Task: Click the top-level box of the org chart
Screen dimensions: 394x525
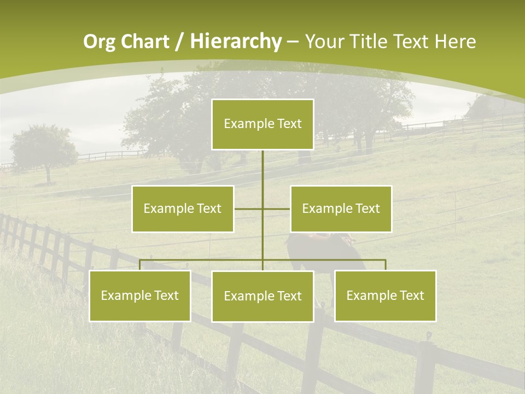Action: pos(262,124)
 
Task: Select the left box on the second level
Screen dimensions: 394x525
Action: pos(183,208)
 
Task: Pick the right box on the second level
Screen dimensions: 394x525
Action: pos(341,208)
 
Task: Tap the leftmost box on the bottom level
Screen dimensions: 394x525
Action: pos(140,296)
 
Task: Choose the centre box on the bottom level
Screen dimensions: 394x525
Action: pos(262,296)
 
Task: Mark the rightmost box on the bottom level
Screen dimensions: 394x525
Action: pos(385,296)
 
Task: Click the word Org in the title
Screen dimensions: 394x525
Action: pos(100,42)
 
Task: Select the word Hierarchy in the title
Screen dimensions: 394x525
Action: pos(235,42)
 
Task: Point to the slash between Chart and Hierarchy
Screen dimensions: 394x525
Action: pos(180,42)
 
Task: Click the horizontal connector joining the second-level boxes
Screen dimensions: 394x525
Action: pos(249,208)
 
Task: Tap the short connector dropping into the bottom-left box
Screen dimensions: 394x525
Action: pos(140,265)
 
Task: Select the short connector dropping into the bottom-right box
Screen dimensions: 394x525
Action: pos(385,265)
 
